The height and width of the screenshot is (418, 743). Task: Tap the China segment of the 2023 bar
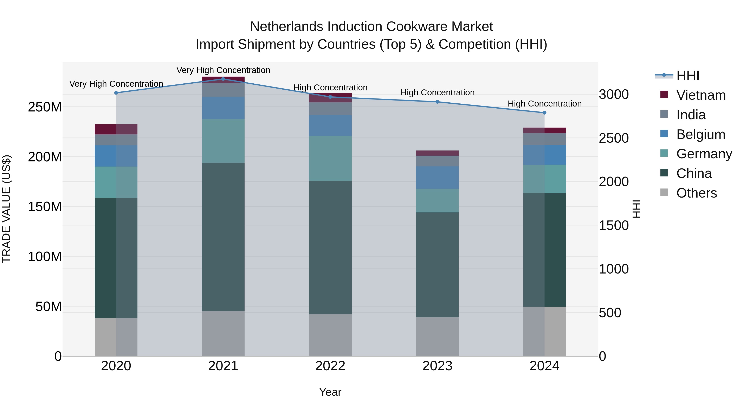click(437, 265)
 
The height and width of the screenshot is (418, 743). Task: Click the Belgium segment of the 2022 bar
click(330, 126)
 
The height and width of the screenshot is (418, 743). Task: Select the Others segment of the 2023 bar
click(437, 337)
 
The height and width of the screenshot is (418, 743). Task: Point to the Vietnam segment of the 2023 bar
click(437, 153)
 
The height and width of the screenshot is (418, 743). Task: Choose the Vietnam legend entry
click(701, 95)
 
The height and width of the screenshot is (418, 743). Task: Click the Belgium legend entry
click(701, 134)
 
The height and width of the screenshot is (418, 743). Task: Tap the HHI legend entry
click(688, 76)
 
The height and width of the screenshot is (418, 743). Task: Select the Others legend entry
click(696, 193)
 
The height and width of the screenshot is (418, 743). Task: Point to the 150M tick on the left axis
click(45, 207)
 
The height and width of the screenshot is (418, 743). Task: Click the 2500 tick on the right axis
click(614, 138)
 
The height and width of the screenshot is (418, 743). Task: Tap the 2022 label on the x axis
click(330, 366)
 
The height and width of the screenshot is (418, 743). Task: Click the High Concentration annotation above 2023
click(437, 93)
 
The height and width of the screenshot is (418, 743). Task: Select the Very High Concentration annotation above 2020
click(116, 84)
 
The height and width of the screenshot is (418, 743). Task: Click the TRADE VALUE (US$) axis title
click(6, 209)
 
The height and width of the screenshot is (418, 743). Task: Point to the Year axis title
click(330, 392)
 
